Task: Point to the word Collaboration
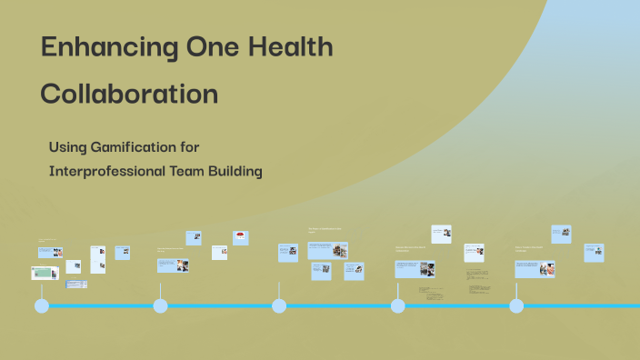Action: point(129,95)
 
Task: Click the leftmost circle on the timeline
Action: point(42,305)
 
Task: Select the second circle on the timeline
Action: point(161,305)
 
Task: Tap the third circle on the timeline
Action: point(279,305)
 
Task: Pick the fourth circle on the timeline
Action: point(398,305)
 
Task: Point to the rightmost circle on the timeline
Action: point(516,305)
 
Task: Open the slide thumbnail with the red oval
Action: point(241,237)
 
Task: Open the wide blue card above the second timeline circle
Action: point(172,265)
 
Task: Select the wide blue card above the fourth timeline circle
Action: point(415,269)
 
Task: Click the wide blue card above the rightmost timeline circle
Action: point(535,269)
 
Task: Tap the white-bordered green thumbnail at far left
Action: point(45,273)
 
